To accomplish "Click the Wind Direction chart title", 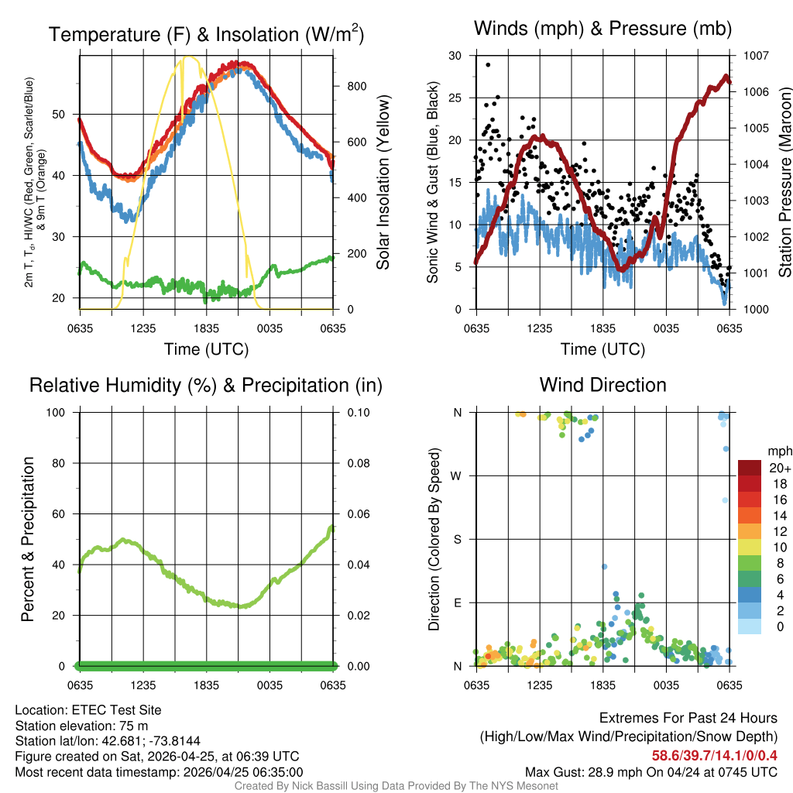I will tap(602, 385).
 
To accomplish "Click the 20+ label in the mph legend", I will tap(780, 469).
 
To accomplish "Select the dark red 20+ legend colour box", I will tap(751, 468).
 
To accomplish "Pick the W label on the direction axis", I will tap(457, 475).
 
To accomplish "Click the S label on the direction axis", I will tap(457, 539).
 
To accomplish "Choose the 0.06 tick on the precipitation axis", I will tap(358, 514).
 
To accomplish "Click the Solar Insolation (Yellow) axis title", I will tap(383, 183).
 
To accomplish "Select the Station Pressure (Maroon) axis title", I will tap(784, 183).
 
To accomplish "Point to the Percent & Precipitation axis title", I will tap(28, 539).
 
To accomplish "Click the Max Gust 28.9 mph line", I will tap(651, 771).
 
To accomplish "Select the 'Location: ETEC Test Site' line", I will tap(88, 710).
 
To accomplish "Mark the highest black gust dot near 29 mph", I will tap(488, 64).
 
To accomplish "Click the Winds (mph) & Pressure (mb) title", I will tap(602, 29).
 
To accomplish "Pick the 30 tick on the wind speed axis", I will tap(455, 56).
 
